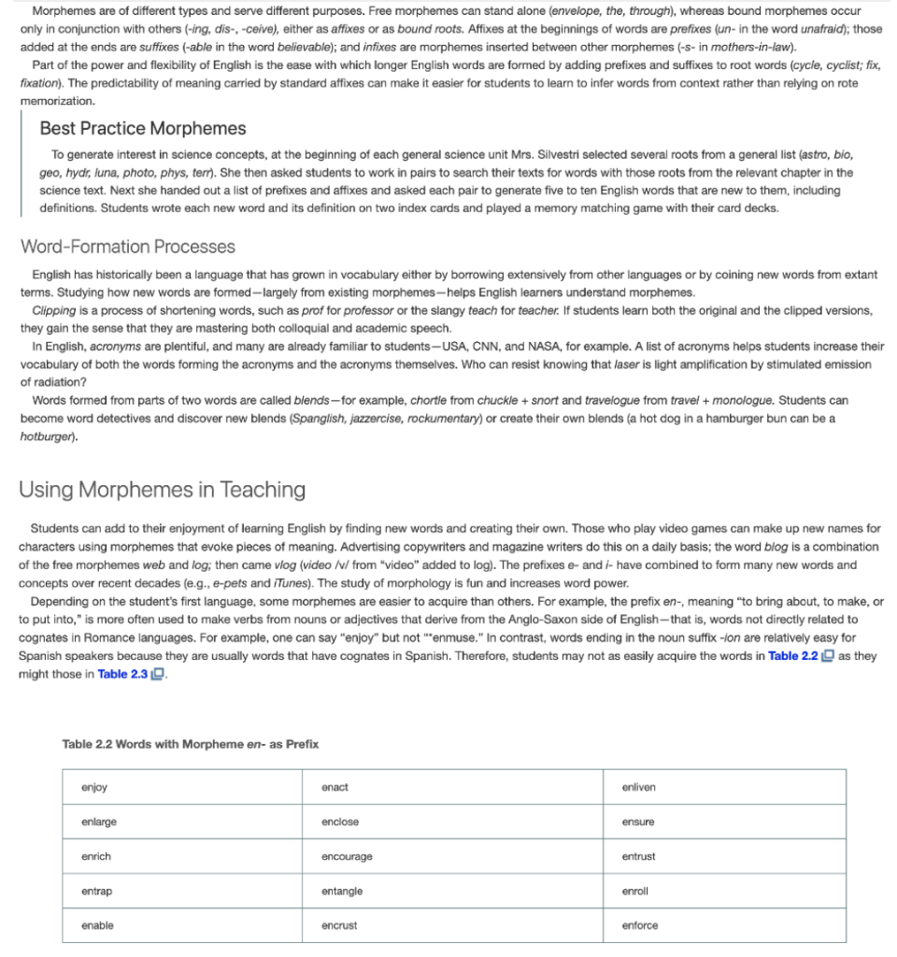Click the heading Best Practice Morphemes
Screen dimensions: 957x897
tap(143, 128)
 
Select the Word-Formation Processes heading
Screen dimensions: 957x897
tap(128, 247)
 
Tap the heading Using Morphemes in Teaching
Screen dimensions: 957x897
tap(163, 490)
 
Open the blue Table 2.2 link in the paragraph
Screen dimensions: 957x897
tap(793, 656)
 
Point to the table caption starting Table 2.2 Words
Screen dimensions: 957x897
tap(191, 744)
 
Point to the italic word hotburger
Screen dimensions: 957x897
tap(47, 436)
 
